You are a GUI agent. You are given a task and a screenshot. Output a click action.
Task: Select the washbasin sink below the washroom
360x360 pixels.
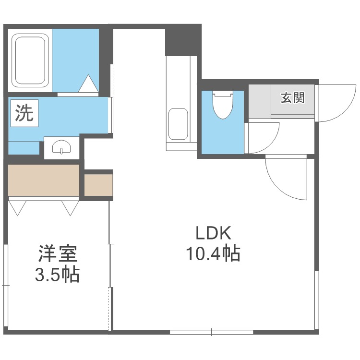point(62,147)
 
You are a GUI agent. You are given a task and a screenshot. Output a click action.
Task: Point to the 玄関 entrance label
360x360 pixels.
point(292,98)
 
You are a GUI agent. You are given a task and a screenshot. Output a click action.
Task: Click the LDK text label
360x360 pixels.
point(213,234)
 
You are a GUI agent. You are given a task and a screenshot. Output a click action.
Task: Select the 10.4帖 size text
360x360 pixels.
point(213,253)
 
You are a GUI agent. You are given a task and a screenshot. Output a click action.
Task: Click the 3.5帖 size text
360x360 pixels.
point(57,275)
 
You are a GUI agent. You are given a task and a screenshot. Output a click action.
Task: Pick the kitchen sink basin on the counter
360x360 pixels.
point(179,124)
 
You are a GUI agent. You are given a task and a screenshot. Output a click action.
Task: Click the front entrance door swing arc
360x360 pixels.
point(336,103)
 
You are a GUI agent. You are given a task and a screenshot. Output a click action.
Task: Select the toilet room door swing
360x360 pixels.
point(263,137)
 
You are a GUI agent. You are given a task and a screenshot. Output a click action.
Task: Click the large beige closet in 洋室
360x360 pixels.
point(44,180)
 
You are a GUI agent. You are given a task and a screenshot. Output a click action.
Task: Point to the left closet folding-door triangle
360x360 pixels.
point(18,207)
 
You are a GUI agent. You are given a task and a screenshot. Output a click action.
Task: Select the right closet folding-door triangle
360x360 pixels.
point(70,207)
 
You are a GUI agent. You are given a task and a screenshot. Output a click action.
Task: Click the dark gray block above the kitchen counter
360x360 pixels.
point(183,41)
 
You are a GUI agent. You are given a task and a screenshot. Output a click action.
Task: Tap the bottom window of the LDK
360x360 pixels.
point(211,332)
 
